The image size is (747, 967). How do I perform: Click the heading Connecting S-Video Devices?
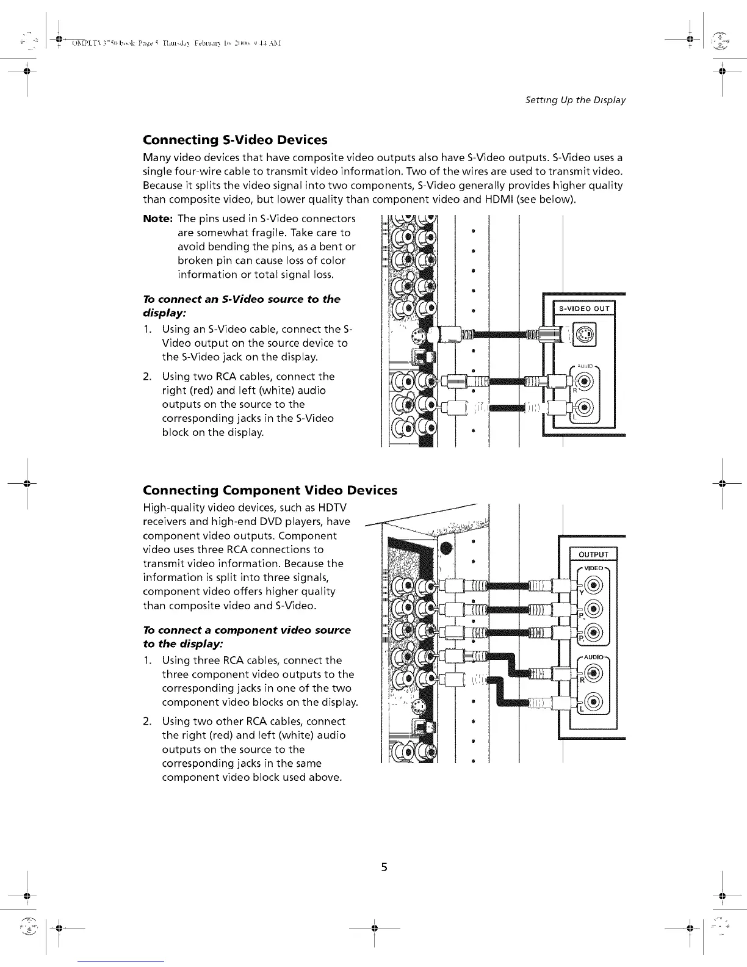[235, 140]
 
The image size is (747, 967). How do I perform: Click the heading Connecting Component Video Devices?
[269, 490]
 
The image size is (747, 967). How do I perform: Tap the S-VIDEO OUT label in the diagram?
[585, 308]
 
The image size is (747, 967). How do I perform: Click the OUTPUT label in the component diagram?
[593, 554]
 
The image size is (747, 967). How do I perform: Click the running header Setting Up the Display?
[575, 100]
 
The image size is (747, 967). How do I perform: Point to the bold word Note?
[157, 219]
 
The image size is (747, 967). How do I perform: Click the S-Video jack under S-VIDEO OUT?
[584, 334]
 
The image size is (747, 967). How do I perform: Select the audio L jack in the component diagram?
[595, 701]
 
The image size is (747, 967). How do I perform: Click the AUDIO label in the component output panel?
[594, 657]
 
